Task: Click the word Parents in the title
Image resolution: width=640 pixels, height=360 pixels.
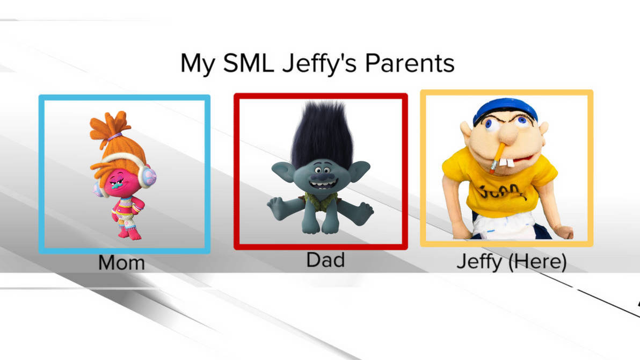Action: [x=410, y=63]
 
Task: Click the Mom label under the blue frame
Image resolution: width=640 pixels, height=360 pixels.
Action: [x=121, y=263]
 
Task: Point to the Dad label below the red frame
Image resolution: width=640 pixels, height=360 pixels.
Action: [x=325, y=260]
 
